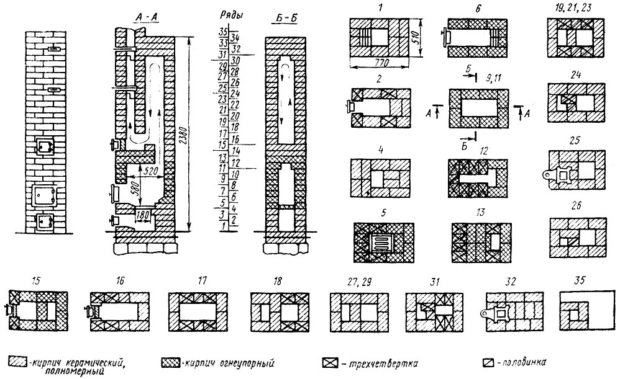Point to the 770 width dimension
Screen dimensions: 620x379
(x=380, y=62)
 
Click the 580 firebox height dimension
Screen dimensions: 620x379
(x=132, y=186)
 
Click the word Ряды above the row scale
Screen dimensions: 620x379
(x=231, y=16)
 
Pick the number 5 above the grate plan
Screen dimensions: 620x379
(x=383, y=213)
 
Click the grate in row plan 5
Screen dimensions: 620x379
(x=383, y=243)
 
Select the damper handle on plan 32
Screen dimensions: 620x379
(x=486, y=314)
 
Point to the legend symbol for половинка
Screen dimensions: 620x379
(x=489, y=362)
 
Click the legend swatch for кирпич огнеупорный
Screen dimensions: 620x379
(x=170, y=362)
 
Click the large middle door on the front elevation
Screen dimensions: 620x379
(x=43, y=195)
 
